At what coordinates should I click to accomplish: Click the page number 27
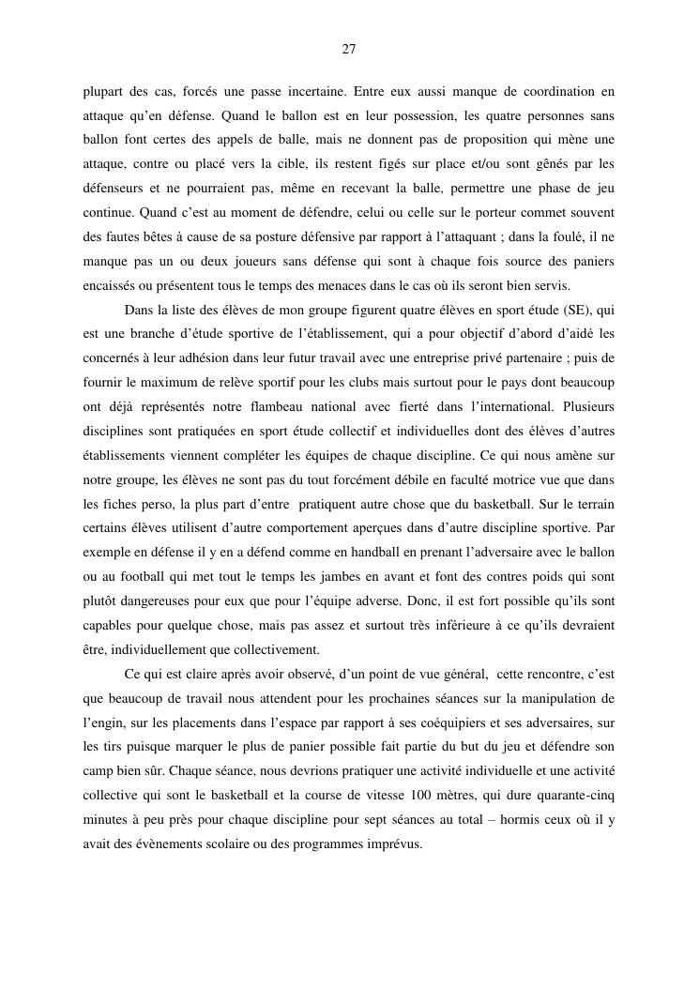pos(348,50)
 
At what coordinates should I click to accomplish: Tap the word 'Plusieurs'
pos(581,407)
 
